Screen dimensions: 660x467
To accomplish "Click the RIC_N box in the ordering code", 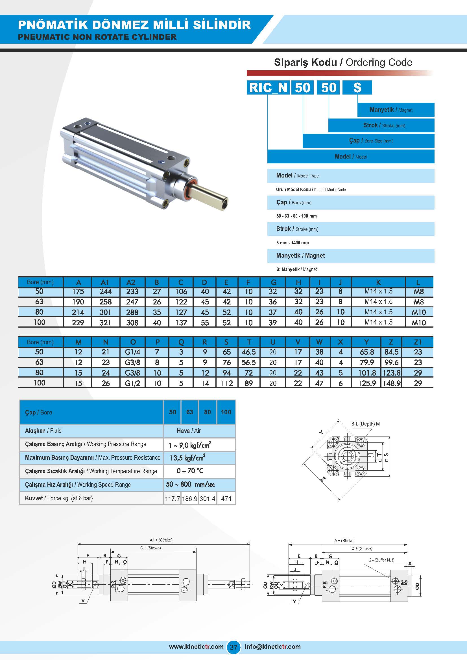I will click(268, 87).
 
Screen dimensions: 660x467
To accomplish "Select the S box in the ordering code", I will click(357, 87).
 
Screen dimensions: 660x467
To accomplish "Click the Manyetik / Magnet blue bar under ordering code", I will click(396, 110).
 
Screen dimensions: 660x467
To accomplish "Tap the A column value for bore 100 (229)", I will click(78, 323).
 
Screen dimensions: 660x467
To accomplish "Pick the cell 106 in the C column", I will click(181, 291).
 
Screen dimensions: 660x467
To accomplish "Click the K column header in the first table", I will click(378, 282).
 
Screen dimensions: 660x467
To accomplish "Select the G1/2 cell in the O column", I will click(133, 383).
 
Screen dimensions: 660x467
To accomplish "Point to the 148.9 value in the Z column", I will click(391, 383).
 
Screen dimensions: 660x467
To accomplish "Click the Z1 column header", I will click(418, 342).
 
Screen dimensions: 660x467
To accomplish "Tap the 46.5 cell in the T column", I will click(249, 352).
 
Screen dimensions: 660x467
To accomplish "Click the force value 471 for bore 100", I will click(226, 499).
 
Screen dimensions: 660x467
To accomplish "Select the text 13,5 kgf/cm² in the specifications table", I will click(187, 458).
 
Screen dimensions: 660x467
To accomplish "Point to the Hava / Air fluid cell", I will click(189, 431).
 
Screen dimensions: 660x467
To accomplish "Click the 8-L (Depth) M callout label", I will click(365, 424).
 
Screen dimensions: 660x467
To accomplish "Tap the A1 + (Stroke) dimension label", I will click(161, 540).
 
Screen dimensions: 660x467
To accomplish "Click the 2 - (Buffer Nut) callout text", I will click(382, 560).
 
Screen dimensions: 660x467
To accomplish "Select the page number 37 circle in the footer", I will click(233, 647).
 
